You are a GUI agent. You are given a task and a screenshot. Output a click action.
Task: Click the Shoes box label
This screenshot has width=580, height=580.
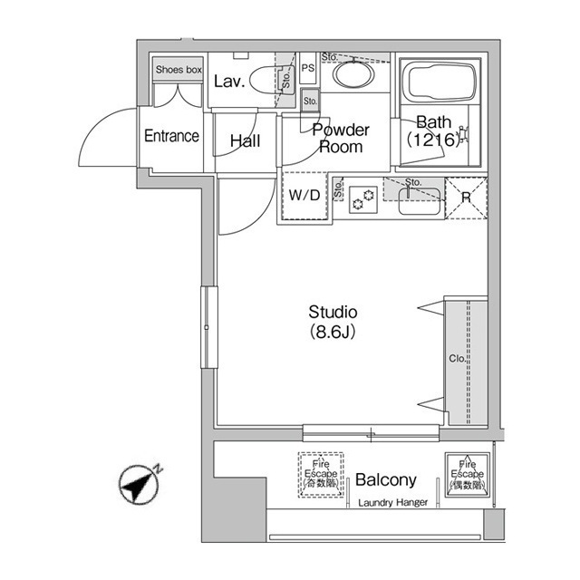(x=179, y=69)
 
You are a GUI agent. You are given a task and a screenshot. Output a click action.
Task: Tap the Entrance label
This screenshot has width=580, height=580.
(x=171, y=137)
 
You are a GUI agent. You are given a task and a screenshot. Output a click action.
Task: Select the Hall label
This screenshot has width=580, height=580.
(x=245, y=140)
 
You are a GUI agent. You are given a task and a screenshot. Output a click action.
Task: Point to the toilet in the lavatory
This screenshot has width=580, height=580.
(x=267, y=82)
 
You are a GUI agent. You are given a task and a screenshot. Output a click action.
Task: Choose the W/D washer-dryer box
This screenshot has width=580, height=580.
(x=304, y=196)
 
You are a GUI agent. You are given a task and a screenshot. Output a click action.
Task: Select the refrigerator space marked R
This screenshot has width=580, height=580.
(x=467, y=197)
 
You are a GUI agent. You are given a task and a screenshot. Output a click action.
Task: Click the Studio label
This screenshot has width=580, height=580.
(x=333, y=312)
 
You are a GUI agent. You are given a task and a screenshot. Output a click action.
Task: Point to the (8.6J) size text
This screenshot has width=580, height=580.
(x=333, y=332)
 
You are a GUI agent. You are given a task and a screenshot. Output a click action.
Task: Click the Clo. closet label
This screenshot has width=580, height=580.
(x=458, y=359)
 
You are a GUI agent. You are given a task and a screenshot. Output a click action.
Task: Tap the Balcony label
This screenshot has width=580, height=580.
(x=385, y=479)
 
